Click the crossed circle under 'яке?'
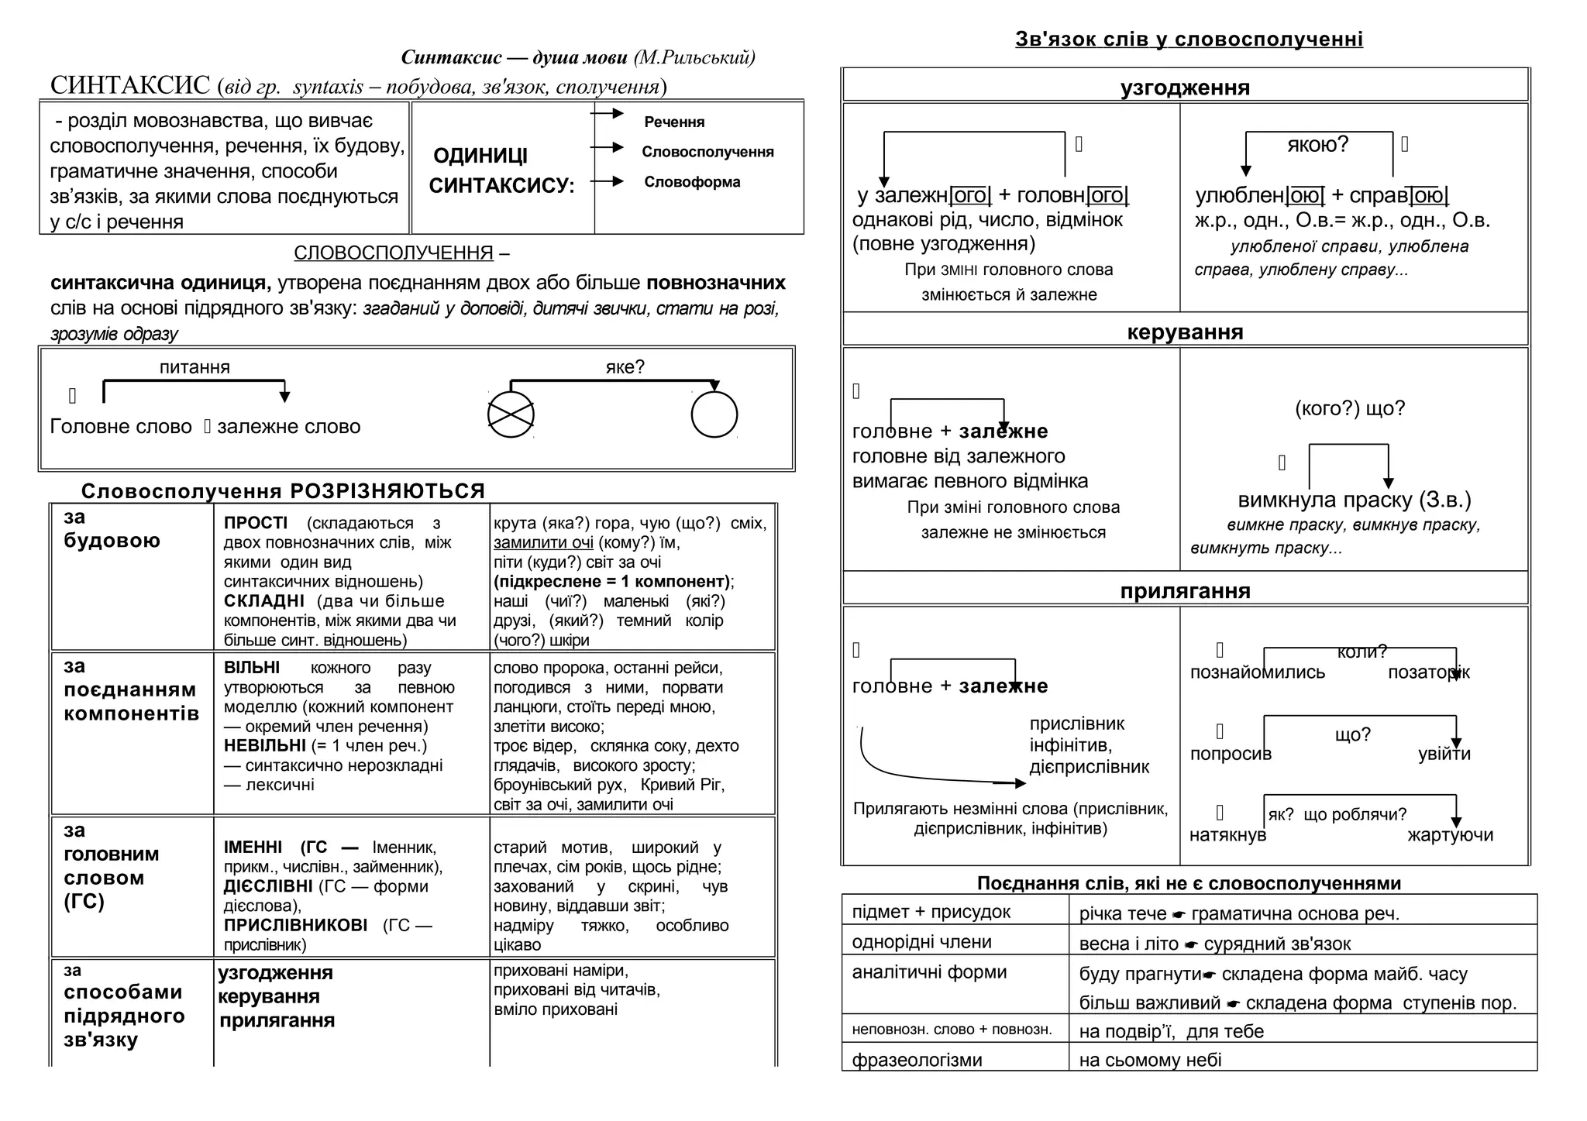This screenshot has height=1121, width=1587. [x=511, y=414]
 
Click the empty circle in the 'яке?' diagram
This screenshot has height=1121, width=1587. [x=714, y=414]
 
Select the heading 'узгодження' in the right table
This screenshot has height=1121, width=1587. [x=1185, y=88]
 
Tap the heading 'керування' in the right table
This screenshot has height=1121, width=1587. [x=1185, y=332]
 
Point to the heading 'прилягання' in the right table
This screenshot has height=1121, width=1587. [x=1185, y=591]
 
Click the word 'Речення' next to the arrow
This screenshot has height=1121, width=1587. [x=674, y=122]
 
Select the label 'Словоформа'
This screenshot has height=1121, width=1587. [x=692, y=182]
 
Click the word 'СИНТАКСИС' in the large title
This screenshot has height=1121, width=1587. [x=130, y=85]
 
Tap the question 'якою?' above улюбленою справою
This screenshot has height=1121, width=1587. [x=1317, y=144]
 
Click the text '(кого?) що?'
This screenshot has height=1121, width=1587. [x=1350, y=408]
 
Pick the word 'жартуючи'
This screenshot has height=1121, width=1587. [x=1450, y=835]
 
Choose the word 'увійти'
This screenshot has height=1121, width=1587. [x=1444, y=754]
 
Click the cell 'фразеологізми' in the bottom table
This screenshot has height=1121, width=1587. [x=917, y=1060]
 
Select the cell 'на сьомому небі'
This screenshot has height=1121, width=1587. [x=1150, y=1060]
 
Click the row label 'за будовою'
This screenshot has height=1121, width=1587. [x=112, y=529]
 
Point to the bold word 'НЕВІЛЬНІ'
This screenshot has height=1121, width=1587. [x=265, y=746]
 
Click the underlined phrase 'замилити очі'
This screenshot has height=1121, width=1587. [x=543, y=543]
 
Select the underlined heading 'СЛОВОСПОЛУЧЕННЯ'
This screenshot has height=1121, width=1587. [x=394, y=253]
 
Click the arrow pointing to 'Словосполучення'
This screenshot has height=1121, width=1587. [x=608, y=147]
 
